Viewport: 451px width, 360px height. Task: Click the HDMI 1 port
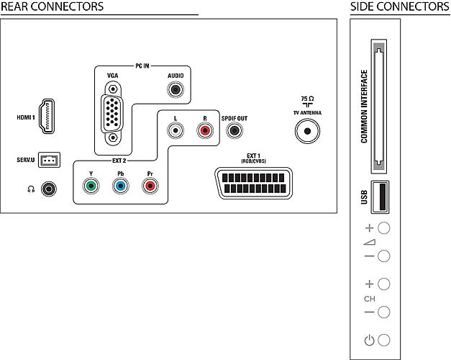47,117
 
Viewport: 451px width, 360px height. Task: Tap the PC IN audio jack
176,89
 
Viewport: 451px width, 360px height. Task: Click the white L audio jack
176,130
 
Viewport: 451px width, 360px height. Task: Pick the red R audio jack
205,130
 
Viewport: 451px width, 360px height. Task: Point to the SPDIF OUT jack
234,130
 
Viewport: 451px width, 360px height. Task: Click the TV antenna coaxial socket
307,131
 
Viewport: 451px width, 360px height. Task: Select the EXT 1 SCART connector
253,183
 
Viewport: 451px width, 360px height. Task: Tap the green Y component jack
91,186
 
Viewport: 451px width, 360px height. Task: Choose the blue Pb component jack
121,186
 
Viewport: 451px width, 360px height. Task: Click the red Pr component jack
150,186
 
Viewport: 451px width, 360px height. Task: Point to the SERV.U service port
49,160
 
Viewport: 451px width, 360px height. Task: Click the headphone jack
49,189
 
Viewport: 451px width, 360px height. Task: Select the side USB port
380,197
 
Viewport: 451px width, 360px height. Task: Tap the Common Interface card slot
379,107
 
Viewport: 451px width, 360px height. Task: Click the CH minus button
383,312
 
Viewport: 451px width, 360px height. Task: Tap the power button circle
383,340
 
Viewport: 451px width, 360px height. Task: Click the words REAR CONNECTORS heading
52,6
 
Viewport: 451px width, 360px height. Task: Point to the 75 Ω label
307,99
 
